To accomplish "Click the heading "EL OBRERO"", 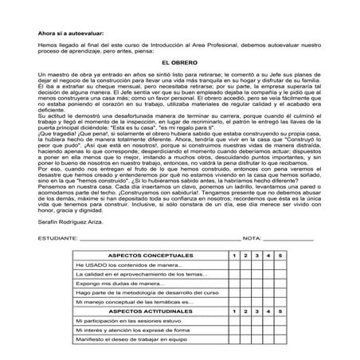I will (179, 61).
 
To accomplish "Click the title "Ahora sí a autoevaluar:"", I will (72, 32).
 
